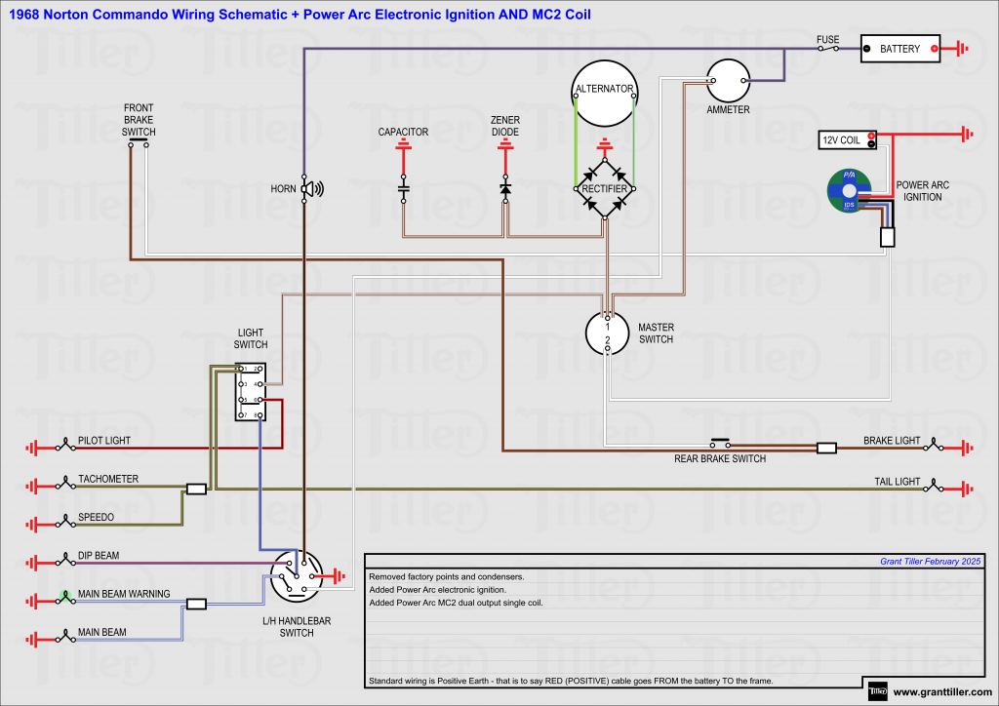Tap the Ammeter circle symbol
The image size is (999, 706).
727,81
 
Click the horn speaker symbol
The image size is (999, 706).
310,188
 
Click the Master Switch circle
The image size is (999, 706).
607,333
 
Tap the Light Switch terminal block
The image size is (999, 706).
250,392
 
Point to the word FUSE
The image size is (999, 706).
827,40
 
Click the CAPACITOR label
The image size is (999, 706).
403,132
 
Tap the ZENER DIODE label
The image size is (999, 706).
504,126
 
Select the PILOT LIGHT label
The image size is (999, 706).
104,441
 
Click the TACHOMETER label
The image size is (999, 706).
108,479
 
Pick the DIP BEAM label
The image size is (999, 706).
99,556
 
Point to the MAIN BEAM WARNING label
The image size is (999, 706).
124,594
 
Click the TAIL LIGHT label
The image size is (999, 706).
897,482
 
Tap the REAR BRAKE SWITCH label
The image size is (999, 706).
720,459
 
